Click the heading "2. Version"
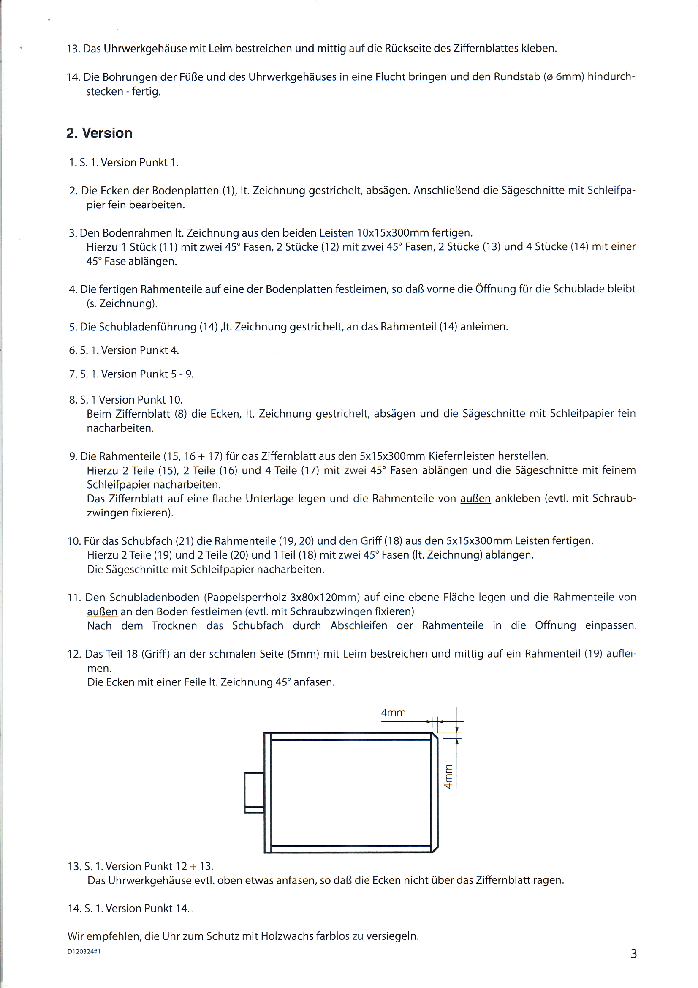(99, 133)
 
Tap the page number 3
(633, 954)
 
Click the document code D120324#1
(84, 951)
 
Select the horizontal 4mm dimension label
(393, 713)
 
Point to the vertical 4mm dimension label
(448, 777)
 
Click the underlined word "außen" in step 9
(475, 499)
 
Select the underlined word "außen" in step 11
(102, 612)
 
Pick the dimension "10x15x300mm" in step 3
(393, 233)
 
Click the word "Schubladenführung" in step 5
(147, 327)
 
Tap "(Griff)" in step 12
(156, 654)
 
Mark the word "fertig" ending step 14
(146, 92)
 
